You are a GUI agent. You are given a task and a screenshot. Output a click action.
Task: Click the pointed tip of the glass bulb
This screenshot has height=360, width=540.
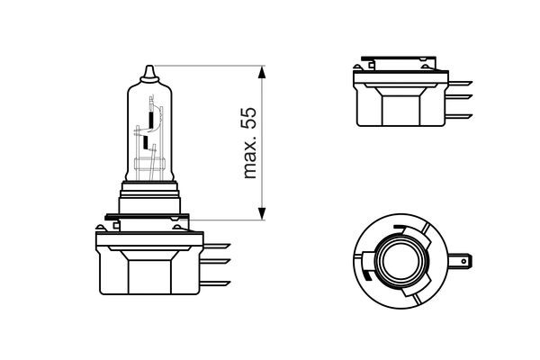[x=148, y=67]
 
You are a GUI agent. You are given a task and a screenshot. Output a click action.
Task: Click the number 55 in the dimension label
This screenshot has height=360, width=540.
[x=251, y=120]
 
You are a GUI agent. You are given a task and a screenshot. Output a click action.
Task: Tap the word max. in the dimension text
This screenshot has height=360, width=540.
[x=251, y=162]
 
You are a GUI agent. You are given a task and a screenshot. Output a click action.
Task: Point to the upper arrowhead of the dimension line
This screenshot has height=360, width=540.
[x=262, y=72]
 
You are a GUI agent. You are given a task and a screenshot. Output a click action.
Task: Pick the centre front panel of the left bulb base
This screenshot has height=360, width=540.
[x=148, y=274]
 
